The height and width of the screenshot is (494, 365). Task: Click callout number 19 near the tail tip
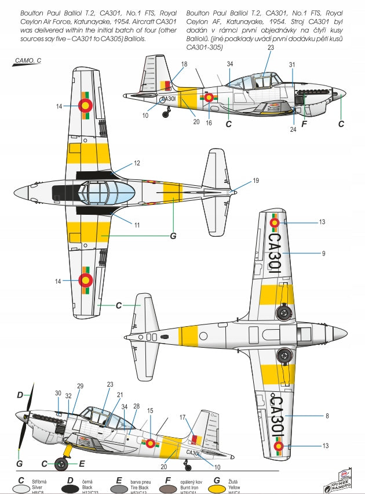pos(256,181)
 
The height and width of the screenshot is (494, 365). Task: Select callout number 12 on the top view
pos(137,164)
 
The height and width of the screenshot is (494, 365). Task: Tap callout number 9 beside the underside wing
pos(323,253)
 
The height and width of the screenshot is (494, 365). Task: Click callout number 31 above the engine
pos(293,64)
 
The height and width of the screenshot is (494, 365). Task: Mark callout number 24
pos(293,129)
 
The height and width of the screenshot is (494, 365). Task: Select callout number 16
pos(209,123)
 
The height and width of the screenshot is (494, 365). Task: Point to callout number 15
pos(151,410)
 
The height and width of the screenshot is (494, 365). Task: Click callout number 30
pos(58,393)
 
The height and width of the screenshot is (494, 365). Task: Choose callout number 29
pos(80,386)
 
